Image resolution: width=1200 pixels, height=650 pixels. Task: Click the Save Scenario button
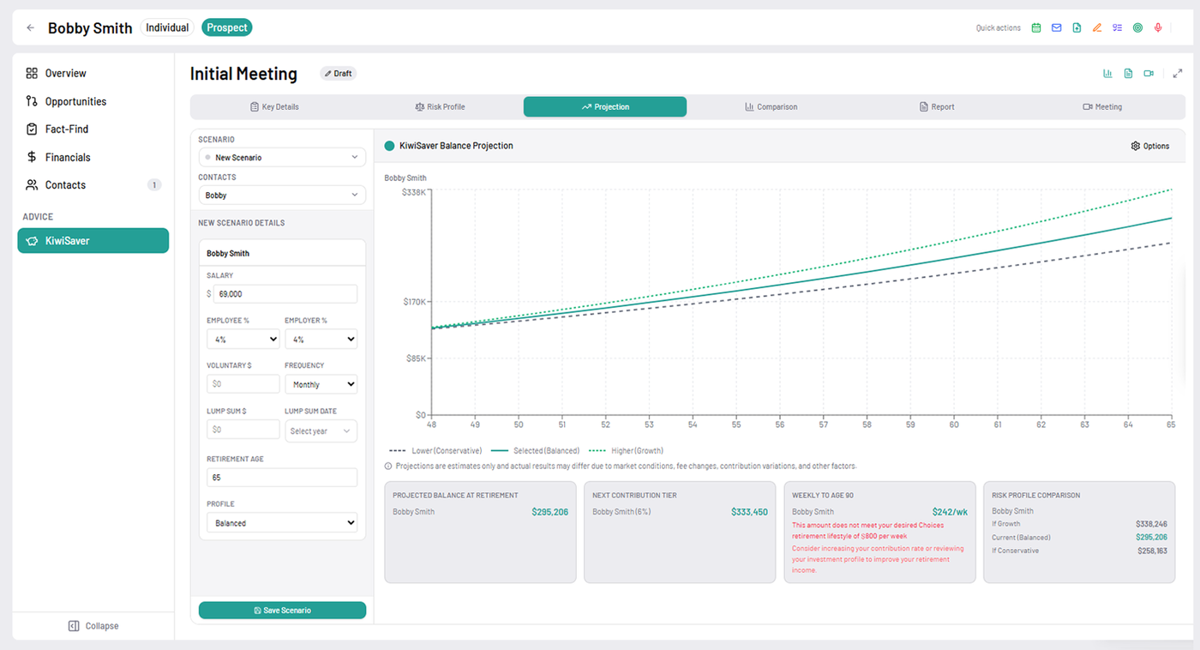282,611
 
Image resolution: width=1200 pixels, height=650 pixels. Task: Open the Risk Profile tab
440,107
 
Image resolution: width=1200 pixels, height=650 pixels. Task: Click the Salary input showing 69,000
286,294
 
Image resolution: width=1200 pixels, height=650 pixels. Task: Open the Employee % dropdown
243,340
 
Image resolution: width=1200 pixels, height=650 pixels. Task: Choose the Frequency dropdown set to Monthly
321,385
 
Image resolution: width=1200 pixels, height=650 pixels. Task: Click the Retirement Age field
282,478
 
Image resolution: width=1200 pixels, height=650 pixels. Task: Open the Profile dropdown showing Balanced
282,523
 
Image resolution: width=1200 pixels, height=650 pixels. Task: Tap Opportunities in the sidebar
75,101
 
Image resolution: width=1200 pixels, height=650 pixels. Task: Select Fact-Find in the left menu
66,129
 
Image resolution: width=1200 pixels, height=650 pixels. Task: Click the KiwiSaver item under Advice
93,241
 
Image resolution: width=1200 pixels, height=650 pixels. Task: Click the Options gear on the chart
1149,146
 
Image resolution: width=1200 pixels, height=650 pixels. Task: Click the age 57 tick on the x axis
823,424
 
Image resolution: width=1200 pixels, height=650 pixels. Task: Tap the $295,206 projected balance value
549,512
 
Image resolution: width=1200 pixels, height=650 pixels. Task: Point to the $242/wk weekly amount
950,512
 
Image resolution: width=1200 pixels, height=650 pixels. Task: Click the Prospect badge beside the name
227,27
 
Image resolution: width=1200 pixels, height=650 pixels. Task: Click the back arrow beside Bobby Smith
31,27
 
